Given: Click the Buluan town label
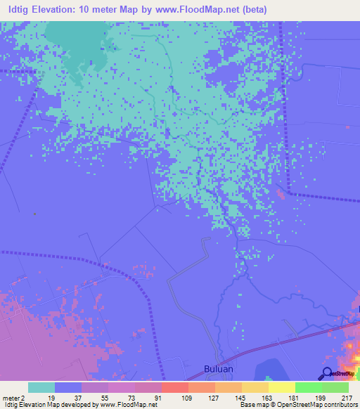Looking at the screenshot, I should click(214, 368).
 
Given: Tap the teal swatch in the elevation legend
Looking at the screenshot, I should click(41, 387).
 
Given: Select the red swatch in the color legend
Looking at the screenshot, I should click(174, 387).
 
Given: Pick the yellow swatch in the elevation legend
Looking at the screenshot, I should click(281, 387).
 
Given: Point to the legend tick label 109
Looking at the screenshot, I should click(188, 398).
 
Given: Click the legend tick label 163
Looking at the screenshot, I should click(268, 398).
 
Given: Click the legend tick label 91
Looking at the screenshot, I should click(161, 398).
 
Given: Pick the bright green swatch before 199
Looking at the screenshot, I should click(308, 387).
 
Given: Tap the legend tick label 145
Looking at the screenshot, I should click(241, 398).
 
